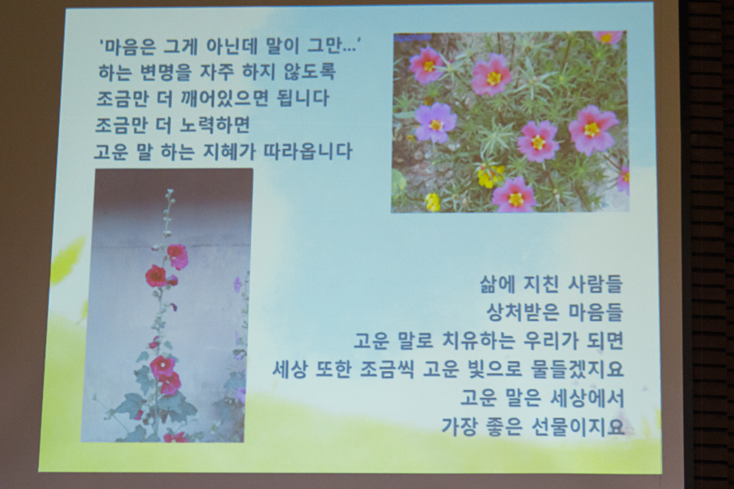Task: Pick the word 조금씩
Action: click(387, 369)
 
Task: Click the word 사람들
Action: click(595, 284)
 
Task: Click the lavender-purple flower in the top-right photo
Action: click(436, 122)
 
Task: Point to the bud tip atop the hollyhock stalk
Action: click(169, 191)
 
